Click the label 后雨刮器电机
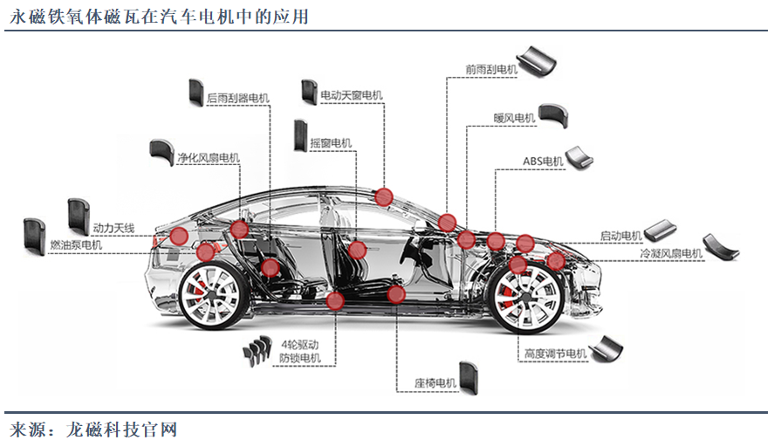[238, 100]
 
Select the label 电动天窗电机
[351, 95]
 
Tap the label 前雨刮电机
[491, 69]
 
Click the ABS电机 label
[543, 162]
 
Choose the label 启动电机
[621, 236]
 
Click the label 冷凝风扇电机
[670, 253]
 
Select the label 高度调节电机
[556, 354]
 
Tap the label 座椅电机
[435, 382]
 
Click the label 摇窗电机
[330, 143]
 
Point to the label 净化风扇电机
[208, 158]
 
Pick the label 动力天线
[113, 229]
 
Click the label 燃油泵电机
[76, 245]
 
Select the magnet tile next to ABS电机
[579, 156]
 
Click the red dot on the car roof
[384, 196]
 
